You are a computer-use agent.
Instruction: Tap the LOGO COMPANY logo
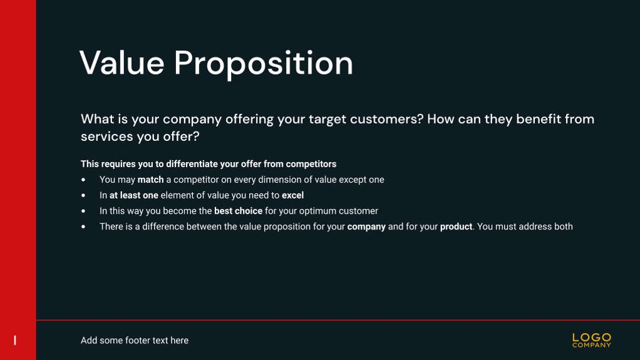tap(591, 341)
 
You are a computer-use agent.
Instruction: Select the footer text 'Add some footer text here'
tap(135, 341)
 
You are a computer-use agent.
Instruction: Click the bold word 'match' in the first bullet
tap(150, 180)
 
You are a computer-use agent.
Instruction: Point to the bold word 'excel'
tap(292, 195)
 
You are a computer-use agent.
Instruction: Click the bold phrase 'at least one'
tap(133, 195)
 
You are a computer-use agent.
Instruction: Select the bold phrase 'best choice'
tap(238, 211)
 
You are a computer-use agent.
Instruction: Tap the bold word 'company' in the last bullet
tap(366, 227)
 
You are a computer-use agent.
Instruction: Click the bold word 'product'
tap(456, 227)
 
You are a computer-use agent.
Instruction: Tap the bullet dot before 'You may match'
tap(84, 180)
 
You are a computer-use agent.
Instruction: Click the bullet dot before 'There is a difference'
tap(84, 227)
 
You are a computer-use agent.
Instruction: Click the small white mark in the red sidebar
tap(15, 341)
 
